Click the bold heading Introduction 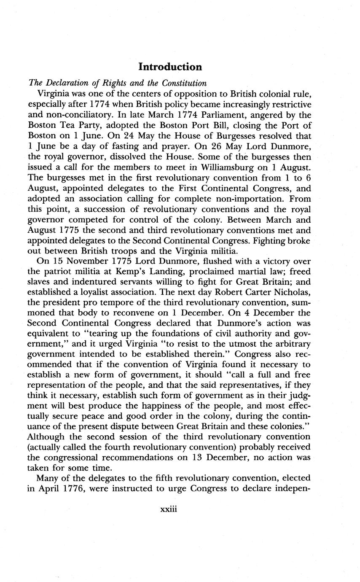coord(170,67)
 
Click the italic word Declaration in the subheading coord(66,83)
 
